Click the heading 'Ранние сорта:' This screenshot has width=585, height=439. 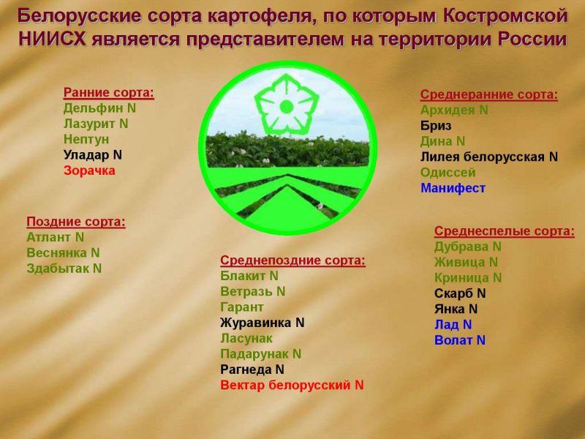(108, 93)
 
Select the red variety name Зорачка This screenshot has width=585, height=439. (89, 170)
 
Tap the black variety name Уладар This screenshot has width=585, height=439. (86, 155)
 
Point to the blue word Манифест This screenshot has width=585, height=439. (453, 188)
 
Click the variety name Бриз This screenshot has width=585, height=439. (436, 126)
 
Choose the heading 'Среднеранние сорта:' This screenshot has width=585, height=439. (488, 95)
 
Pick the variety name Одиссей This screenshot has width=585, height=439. (448, 173)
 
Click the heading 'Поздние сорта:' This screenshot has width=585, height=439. (76, 222)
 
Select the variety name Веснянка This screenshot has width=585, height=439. (57, 252)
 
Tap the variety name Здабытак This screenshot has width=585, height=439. (58, 269)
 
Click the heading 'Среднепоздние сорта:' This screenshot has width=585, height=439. (292, 260)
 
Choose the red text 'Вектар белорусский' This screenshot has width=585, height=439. (285, 385)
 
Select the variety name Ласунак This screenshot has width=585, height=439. (246, 338)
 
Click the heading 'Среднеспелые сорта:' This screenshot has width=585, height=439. (504, 231)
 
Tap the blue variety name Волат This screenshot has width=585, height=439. (453, 340)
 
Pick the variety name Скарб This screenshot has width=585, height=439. (453, 293)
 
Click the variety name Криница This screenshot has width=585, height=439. (461, 278)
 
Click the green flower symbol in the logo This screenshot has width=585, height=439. (287, 105)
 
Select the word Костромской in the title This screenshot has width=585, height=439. (505, 16)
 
